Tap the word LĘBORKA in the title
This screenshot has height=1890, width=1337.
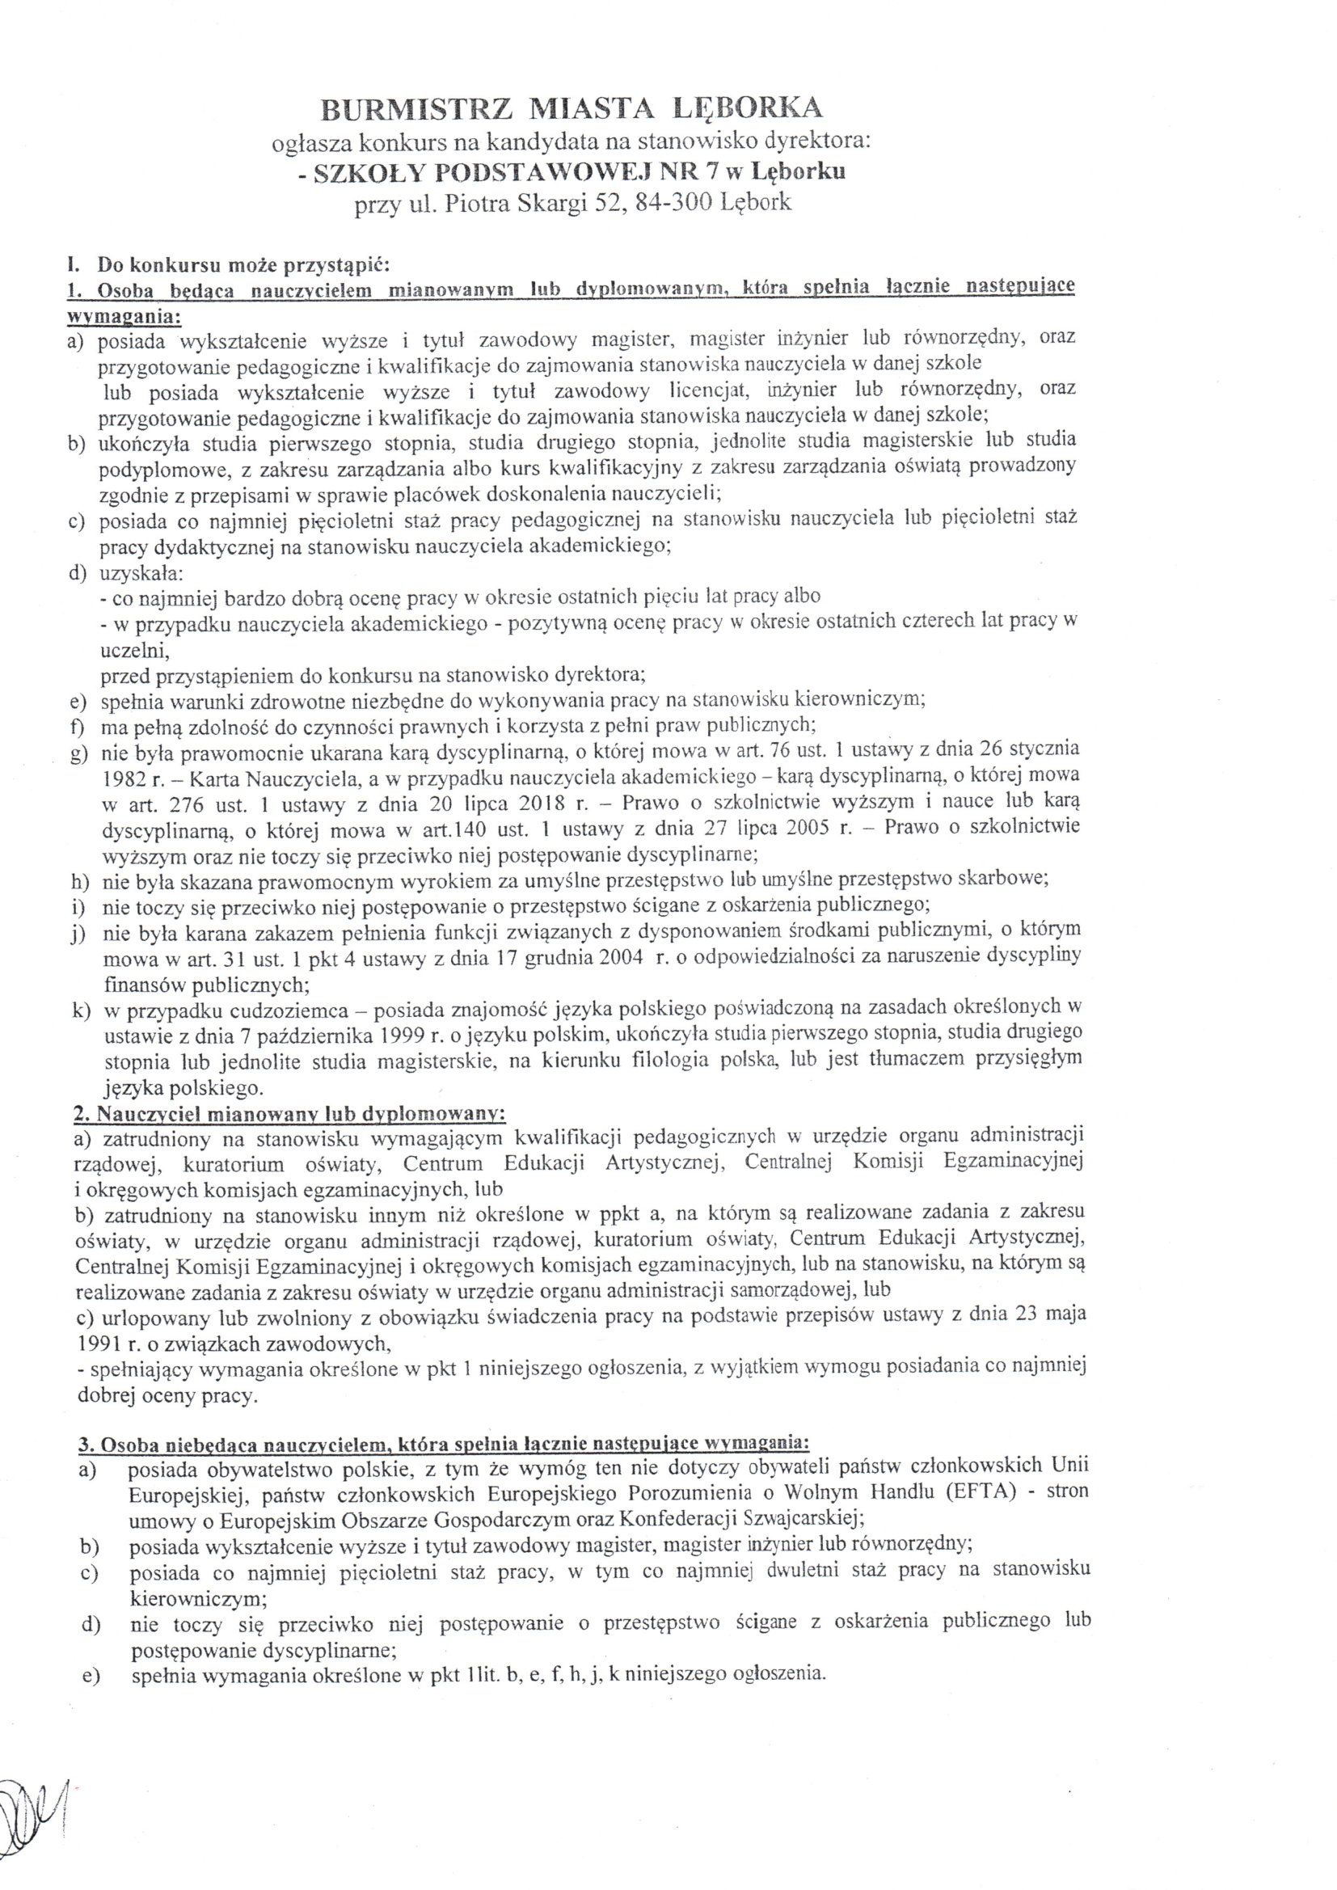tap(748, 108)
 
